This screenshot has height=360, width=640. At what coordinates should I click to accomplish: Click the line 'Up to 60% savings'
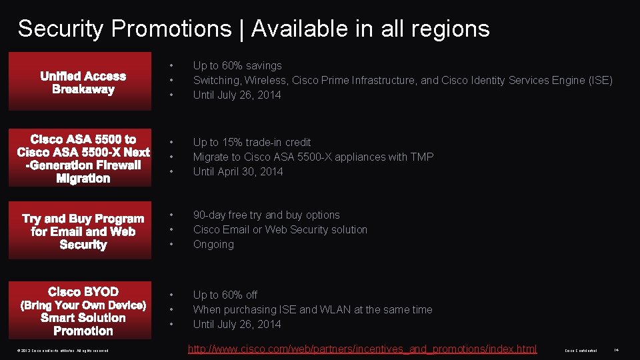click(237, 65)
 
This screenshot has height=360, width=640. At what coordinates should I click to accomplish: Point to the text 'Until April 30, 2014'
click(238, 171)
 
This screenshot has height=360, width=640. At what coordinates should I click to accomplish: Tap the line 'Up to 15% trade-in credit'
click(252, 142)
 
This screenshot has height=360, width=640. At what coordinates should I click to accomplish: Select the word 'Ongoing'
click(213, 244)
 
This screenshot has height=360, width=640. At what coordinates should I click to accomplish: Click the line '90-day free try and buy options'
click(267, 215)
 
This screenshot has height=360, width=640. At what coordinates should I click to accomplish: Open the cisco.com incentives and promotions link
click(362, 349)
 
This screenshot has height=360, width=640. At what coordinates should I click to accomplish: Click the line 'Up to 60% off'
click(225, 295)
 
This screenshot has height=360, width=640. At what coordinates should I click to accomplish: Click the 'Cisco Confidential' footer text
click(581, 351)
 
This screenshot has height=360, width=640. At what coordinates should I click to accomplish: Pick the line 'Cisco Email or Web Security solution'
click(280, 229)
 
